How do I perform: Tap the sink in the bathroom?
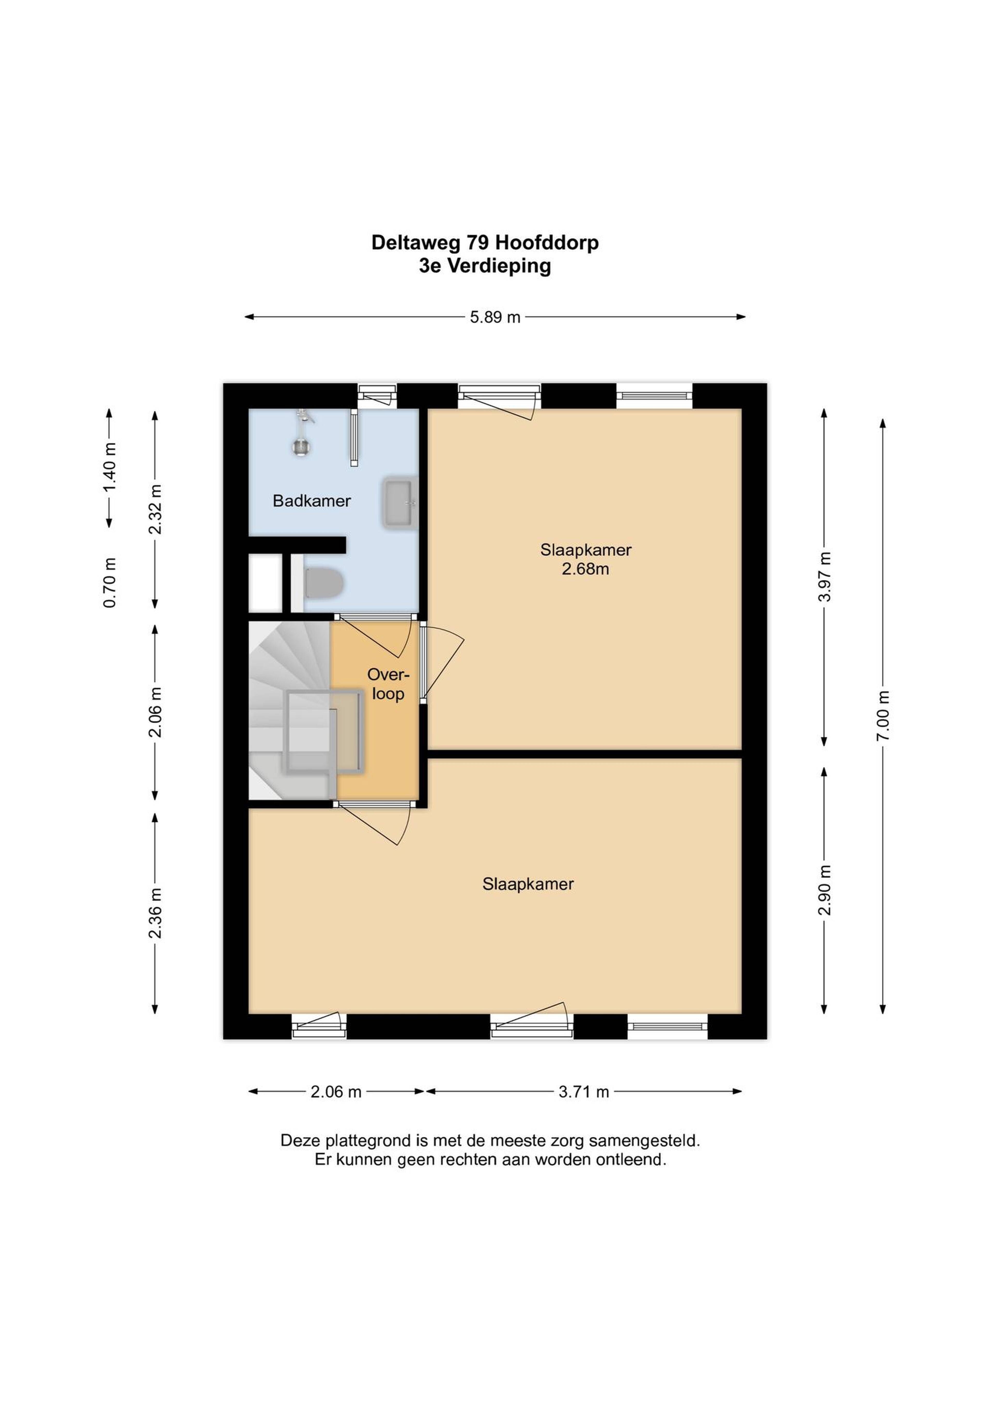click(x=400, y=503)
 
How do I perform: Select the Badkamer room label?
click(x=312, y=501)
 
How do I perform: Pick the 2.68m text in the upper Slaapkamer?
click(x=586, y=569)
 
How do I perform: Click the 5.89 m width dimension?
click(x=495, y=317)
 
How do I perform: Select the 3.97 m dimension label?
click(x=825, y=577)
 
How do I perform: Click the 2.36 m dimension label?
click(x=155, y=913)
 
